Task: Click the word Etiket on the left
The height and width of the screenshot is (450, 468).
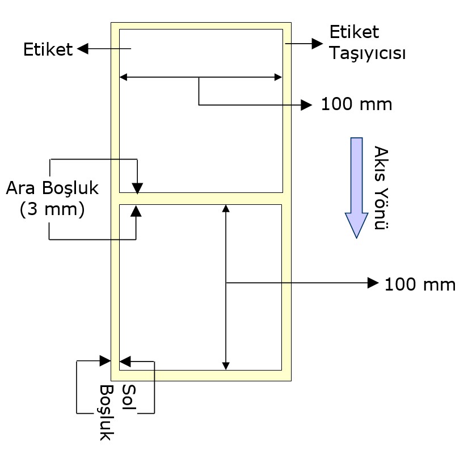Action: (x=48, y=50)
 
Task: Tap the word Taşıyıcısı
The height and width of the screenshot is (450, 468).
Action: (x=368, y=54)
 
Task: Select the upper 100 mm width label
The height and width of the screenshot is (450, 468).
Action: (x=356, y=104)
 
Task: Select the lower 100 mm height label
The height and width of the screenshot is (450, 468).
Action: (x=420, y=284)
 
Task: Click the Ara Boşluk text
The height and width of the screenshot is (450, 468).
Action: (x=52, y=188)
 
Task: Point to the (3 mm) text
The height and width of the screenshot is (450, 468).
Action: (x=52, y=209)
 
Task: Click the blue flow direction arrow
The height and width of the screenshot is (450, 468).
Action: (x=356, y=187)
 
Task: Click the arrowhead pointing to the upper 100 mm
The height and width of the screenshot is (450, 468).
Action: (x=307, y=104)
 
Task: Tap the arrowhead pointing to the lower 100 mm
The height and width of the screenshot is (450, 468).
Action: (x=373, y=283)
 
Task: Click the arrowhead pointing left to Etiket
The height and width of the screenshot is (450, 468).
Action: (x=82, y=49)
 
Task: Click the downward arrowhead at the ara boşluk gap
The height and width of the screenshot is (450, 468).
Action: (x=137, y=188)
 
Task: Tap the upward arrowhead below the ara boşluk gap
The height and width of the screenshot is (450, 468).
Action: (x=136, y=210)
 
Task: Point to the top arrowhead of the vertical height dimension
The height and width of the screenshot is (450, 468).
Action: (x=226, y=208)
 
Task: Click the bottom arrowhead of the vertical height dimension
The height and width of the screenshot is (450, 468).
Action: (x=226, y=365)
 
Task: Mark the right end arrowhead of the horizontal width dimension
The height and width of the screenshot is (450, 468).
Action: (x=278, y=77)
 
